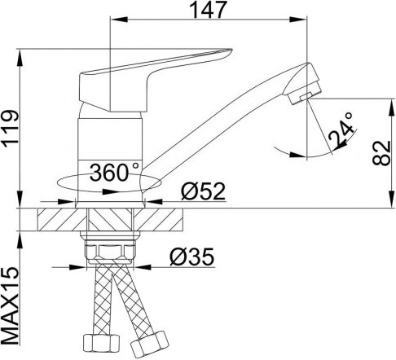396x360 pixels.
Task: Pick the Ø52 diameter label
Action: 204,192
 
